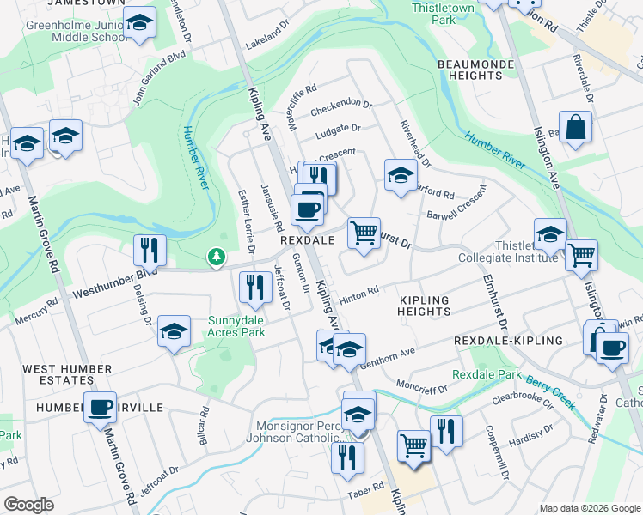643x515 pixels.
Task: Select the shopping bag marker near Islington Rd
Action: [575, 128]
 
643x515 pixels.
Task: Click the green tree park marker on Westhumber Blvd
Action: [217, 256]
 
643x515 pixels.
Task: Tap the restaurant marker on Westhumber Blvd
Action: [150, 251]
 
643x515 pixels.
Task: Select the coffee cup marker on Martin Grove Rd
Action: [100, 407]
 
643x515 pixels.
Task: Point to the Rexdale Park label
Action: [487, 374]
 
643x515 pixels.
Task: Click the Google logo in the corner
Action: [28, 505]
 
